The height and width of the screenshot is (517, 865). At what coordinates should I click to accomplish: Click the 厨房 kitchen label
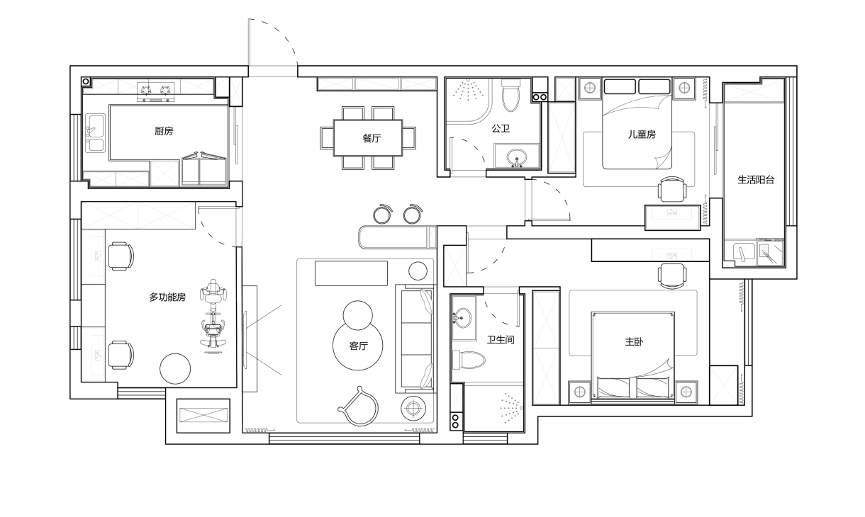tap(164, 131)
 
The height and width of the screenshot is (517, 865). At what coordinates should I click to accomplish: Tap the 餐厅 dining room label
tap(372, 138)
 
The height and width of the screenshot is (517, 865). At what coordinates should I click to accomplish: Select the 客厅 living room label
tap(358, 346)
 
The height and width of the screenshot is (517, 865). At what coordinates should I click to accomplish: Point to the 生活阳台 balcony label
tap(756, 180)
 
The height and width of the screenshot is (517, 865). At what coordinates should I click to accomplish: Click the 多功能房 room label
tap(167, 297)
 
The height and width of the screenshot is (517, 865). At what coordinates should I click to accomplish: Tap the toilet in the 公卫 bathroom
tap(510, 95)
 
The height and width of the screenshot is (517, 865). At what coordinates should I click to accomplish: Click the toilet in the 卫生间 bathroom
tap(469, 360)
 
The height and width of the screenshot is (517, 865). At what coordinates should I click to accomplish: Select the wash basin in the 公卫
tap(517, 158)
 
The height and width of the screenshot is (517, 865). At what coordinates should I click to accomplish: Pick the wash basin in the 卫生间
tap(461, 318)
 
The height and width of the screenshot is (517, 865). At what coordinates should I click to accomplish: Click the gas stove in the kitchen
tap(155, 92)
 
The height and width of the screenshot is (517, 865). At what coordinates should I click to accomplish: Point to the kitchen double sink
tap(95, 132)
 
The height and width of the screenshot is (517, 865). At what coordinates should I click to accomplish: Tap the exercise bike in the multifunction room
tap(213, 316)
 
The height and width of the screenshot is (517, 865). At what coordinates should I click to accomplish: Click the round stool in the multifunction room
tap(175, 369)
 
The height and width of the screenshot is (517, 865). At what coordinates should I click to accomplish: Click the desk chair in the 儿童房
tap(672, 189)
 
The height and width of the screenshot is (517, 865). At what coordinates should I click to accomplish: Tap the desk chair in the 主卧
tap(672, 276)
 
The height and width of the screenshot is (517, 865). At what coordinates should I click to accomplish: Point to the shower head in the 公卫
tap(468, 89)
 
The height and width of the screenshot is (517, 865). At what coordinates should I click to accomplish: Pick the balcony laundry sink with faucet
tap(744, 253)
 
